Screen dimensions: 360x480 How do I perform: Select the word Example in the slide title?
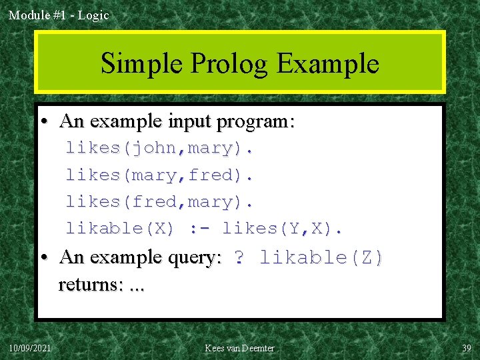327,64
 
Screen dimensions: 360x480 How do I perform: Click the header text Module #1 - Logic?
59,15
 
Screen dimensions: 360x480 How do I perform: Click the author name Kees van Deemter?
239,348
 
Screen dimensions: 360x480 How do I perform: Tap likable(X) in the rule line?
120,228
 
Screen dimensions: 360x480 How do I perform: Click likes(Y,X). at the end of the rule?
282,228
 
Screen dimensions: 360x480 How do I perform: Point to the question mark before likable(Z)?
239,257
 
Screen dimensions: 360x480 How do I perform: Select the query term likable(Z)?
321,257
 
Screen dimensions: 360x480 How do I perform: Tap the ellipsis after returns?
137,287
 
